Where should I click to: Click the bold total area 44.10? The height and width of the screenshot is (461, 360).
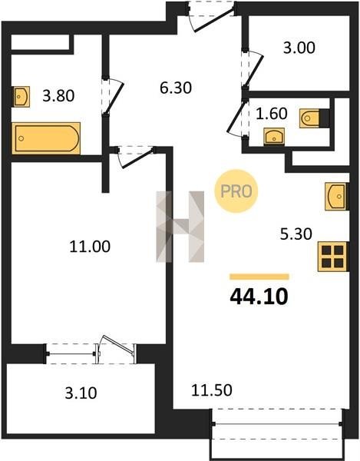click(x=259, y=297)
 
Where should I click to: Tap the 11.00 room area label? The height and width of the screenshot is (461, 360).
click(x=90, y=247)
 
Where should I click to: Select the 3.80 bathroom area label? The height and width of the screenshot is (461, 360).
click(x=58, y=96)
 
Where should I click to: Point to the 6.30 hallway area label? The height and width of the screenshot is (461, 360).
click(x=176, y=88)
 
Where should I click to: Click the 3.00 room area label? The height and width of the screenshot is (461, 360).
click(x=299, y=48)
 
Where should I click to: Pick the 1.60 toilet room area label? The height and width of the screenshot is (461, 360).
click(x=272, y=114)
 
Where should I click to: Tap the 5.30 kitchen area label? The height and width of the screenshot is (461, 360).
click(x=296, y=234)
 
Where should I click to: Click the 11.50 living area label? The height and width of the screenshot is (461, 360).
click(x=212, y=390)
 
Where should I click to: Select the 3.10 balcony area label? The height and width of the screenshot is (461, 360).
click(x=81, y=393)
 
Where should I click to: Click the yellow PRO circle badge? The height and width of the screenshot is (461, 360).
click(x=236, y=191)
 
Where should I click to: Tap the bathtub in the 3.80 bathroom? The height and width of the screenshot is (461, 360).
click(x=46, y=138)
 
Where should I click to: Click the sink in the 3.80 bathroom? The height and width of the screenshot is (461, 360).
click(x=21, y=97)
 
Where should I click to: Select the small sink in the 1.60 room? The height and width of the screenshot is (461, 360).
click(x=274, y=137)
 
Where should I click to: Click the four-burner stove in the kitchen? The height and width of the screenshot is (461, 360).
click(x=333, y=257)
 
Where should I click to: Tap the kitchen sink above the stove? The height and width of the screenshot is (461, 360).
click(x=336, y=197)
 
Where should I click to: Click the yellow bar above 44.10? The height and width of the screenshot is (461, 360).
click(x=259, y=277)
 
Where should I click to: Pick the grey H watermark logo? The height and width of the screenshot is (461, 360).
click(x=180, y=227)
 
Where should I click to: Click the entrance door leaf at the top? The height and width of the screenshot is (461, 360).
click(x=214, y=20)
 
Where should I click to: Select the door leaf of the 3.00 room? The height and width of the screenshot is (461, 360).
click(x=254, y=71)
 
